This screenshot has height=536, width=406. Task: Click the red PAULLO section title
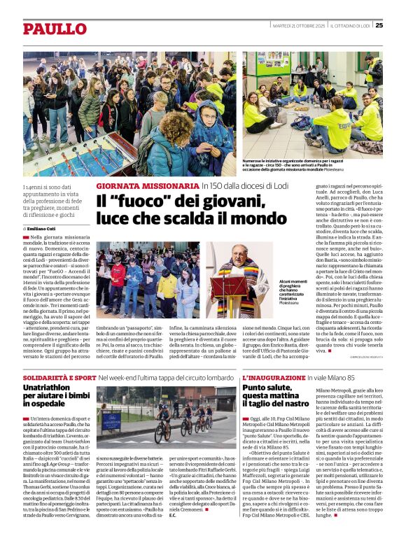(54, 29)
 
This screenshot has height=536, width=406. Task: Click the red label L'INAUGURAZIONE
(272, 377)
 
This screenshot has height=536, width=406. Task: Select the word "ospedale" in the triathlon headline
(45, 404)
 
